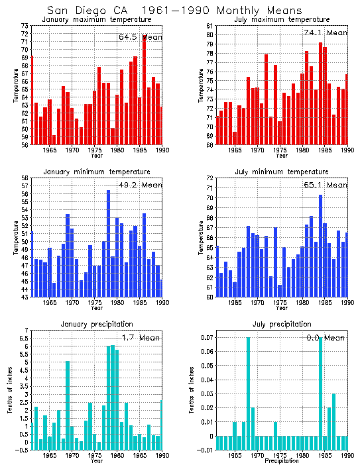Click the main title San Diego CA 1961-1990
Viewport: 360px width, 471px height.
point(174,11)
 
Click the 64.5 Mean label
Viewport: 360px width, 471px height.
point(140,37)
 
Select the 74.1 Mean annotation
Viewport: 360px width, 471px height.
point(324,32)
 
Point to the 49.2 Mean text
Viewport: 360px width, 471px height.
point(140,185)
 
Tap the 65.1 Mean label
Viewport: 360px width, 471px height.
point(324,185)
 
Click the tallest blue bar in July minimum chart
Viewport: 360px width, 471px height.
point(320,245)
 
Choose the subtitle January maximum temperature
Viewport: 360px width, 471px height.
point(97,20)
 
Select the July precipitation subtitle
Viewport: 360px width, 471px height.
point(281,324)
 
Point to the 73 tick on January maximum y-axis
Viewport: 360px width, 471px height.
point(24,26)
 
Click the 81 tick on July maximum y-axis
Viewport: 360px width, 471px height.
point(208,26)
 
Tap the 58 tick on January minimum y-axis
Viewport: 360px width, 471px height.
point(24,178)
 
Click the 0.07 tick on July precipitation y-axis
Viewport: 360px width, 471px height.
point(206,338)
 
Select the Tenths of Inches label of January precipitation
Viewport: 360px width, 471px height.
point(10,392)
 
